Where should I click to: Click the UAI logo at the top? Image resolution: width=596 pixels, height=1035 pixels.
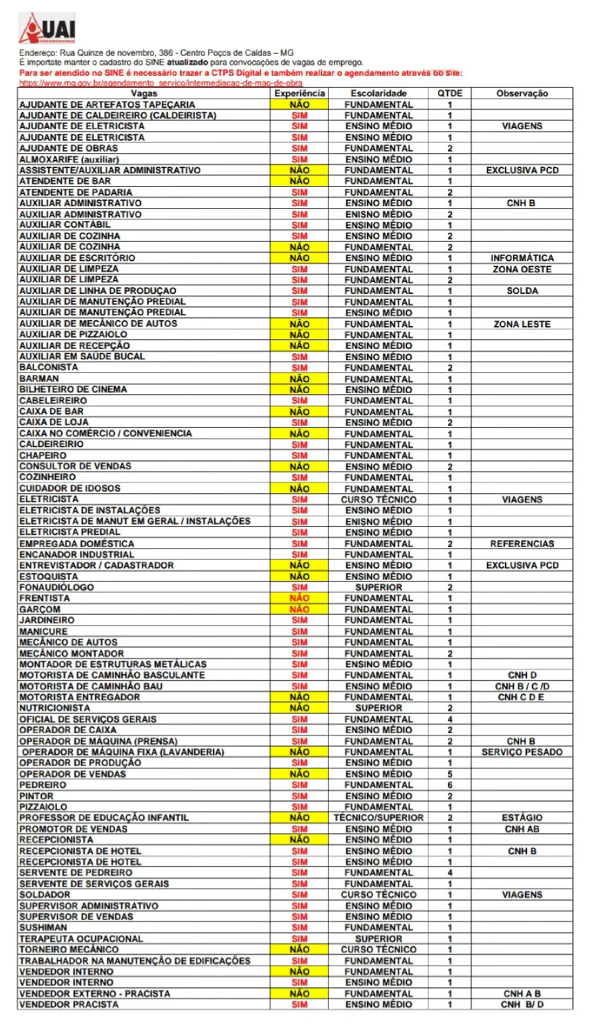48,29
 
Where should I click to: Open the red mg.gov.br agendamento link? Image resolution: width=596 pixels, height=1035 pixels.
161,83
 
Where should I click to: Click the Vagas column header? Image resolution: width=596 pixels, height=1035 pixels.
144,94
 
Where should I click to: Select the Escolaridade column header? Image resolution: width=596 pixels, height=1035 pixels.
378,94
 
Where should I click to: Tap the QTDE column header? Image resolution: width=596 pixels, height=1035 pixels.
450,94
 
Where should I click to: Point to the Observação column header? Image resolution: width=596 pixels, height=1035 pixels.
522,94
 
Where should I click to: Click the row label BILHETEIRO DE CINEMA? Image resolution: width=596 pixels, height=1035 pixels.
73,390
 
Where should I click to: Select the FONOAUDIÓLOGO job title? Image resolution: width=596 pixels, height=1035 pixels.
56,587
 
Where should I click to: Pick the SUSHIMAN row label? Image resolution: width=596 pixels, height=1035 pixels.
43,927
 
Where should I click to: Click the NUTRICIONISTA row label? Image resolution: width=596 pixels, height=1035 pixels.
54,708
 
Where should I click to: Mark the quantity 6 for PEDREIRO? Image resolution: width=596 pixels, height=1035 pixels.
450,785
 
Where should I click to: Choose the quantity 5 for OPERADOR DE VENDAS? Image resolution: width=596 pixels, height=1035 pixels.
450,774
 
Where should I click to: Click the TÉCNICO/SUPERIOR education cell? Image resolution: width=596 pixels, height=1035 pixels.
378,817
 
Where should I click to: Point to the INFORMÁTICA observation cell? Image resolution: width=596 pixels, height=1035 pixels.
522,258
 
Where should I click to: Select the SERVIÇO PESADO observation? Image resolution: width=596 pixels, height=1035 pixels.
522,752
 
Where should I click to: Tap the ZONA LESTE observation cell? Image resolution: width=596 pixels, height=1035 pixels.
522,324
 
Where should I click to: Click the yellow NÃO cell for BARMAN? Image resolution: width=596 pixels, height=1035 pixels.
299,379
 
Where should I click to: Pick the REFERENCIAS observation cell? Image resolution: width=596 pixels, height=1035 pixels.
522,544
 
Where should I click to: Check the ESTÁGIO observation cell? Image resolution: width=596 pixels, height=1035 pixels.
522,817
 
